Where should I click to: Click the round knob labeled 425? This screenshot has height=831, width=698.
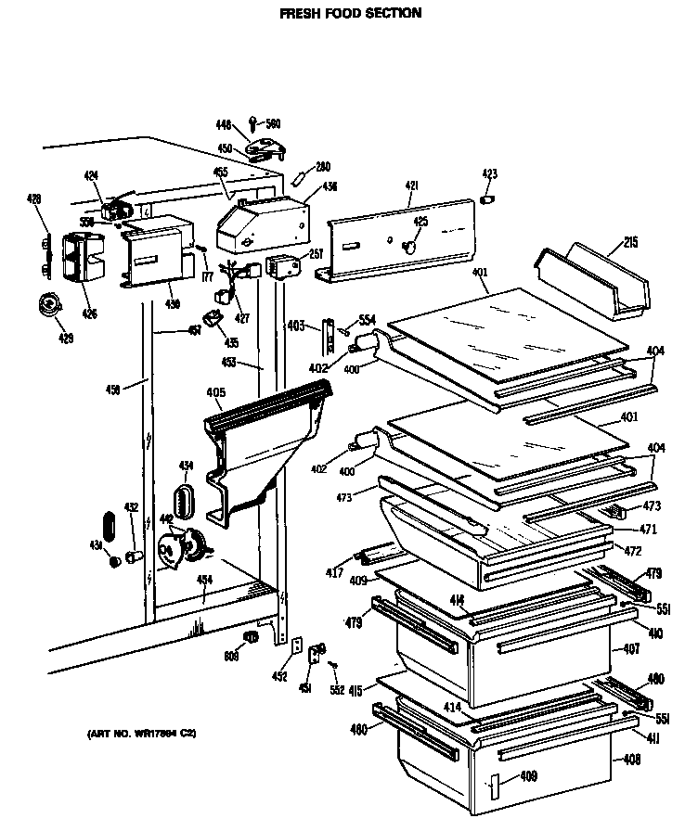(x=408, y=245)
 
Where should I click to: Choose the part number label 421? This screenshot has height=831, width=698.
(x=412, y=186)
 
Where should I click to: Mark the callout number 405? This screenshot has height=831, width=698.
(x=214, y=392)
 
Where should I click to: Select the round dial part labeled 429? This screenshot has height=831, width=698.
(x=45, y=303)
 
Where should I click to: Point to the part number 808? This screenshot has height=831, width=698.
(x=230, y=656)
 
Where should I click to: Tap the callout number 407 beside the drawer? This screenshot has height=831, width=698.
(x=631, y=648)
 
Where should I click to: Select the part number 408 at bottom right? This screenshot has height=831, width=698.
(x=630, y=758)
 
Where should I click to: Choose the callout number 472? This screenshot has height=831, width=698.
(x=632, y=551)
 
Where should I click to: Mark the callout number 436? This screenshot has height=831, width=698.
(x=330, y=186)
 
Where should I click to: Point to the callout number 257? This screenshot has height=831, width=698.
(x=315, y=253)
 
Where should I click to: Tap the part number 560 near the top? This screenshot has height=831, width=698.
(x=273, y=123)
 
